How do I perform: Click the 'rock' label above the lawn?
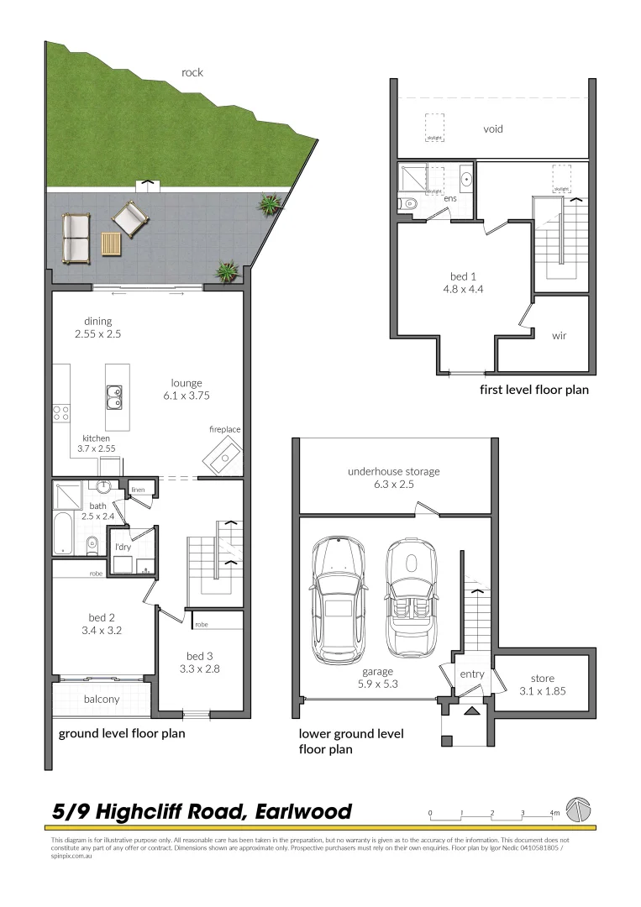192,72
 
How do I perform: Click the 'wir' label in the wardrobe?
559,336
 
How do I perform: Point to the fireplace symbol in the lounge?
223,458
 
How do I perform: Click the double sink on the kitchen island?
113,396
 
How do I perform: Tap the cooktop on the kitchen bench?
61,412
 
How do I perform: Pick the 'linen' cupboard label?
139,489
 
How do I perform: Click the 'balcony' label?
101,699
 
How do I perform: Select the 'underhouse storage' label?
393,472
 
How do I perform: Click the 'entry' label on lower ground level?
470,674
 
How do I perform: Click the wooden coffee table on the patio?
111,244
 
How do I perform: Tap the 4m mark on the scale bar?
554,813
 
